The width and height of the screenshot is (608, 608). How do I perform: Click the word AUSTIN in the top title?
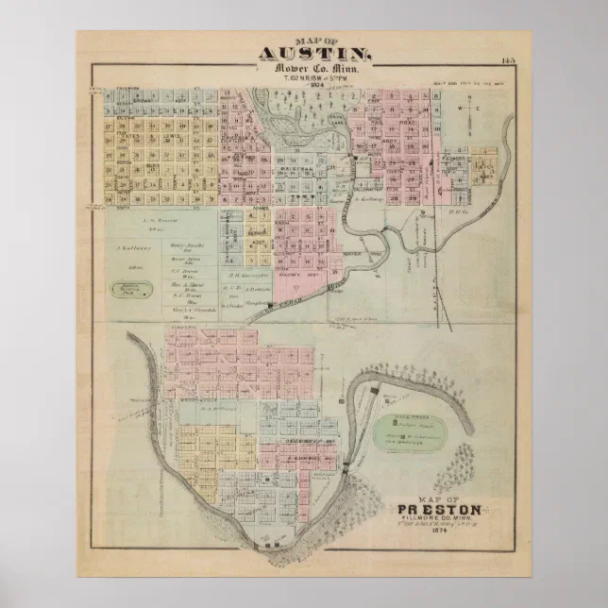(x=315, y=55)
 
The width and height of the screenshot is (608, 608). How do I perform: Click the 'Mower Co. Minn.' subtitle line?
(x=315, y=71)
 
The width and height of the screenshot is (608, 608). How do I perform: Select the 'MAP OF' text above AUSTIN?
(x=315, y=41)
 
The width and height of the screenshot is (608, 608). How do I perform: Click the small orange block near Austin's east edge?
(x=484, y=163)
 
